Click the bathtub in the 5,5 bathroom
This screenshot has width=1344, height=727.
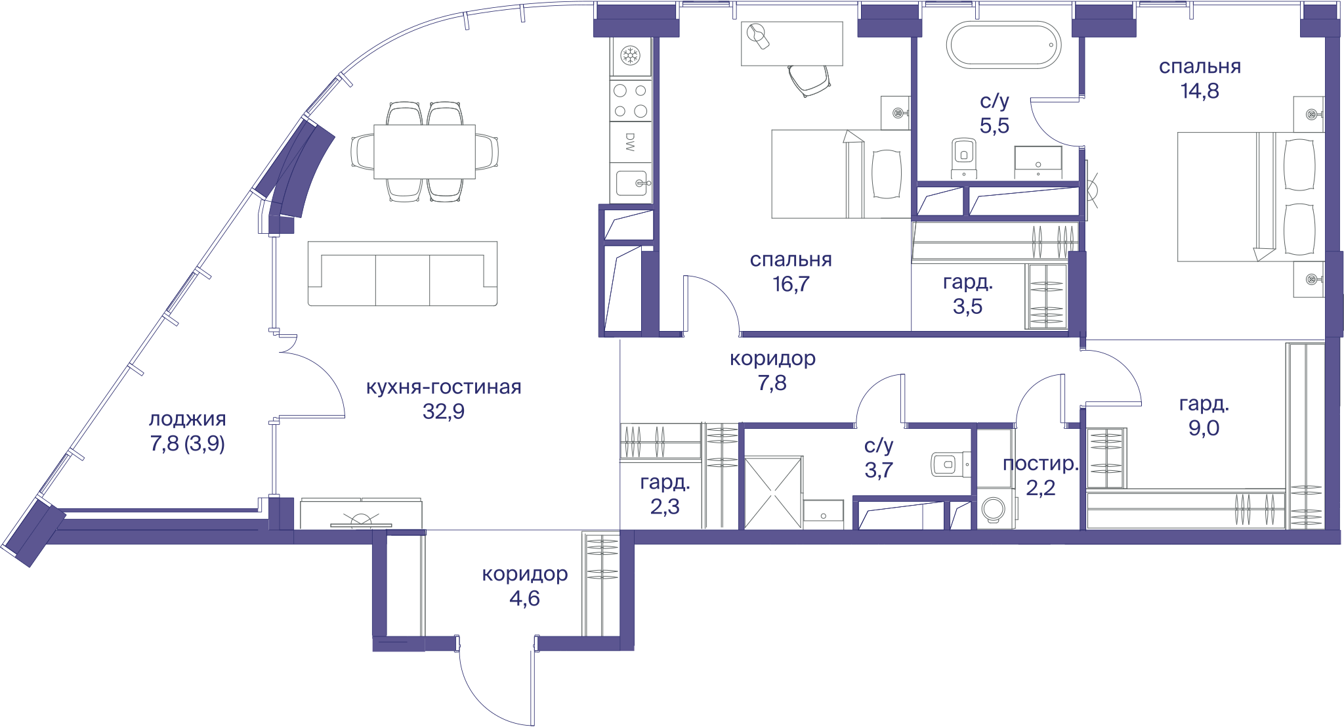point(1003,45)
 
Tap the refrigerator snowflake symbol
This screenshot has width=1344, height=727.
point(631,55)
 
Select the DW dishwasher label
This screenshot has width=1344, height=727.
point(630,142)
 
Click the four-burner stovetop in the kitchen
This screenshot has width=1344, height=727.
point(631,101)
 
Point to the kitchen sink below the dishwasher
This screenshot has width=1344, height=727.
point(631,183)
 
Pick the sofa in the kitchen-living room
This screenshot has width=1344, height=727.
point(402,273)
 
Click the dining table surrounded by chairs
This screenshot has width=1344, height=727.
point(425,152)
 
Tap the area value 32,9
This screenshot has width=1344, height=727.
point(444,411)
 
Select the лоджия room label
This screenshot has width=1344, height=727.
point(188,419)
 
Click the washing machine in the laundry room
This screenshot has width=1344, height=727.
point(994,509)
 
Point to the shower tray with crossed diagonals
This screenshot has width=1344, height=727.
point(773,493)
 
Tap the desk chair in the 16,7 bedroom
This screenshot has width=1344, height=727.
point(810,79)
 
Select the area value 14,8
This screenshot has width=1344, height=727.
point(1200,91)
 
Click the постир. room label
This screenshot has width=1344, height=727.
point(1041,464)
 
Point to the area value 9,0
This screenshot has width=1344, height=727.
point(1204,428)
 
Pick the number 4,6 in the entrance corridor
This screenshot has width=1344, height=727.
point(524,598)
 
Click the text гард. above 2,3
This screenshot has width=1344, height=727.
point(665,483)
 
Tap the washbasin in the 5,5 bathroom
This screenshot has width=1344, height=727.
point(1038,162)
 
